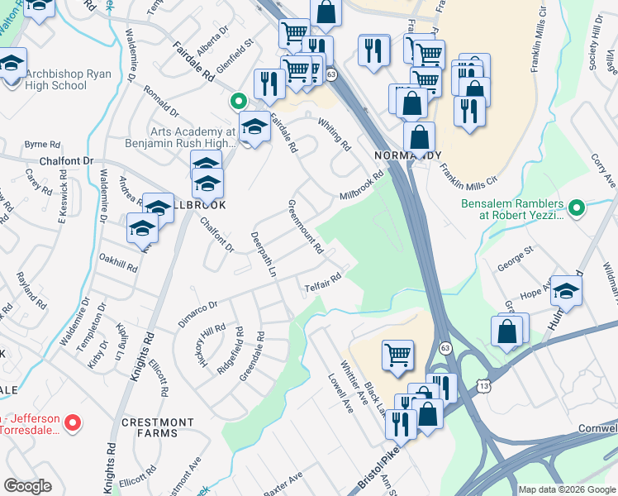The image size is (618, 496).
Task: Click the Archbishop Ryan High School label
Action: pos(55,79)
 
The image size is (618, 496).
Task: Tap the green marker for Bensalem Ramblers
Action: pos(578,207)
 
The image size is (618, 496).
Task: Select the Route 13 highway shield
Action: pos(485,385)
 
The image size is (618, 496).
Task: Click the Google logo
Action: pos(27,486)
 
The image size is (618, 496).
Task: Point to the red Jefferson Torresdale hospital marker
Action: pos(73,423)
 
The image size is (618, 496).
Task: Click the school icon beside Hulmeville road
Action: pos(567,290)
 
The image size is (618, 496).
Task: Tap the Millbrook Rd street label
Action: pos(363,186)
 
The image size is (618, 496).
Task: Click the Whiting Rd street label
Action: pos(335,133)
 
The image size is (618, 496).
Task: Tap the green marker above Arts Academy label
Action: pos(238,102)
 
